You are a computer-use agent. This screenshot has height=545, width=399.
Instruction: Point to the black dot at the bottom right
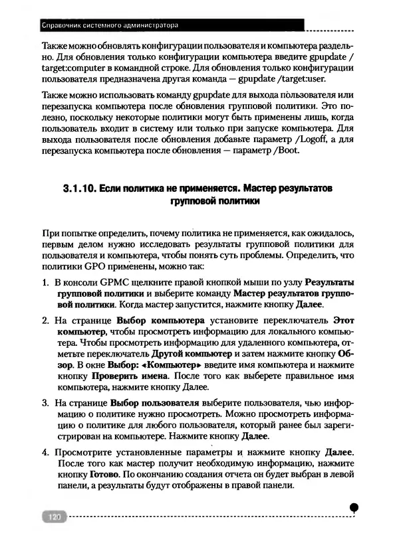[354, 507]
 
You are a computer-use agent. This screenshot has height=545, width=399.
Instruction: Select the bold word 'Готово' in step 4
[104, 477]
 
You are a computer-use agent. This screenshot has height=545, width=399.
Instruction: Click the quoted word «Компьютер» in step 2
[166, 364]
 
